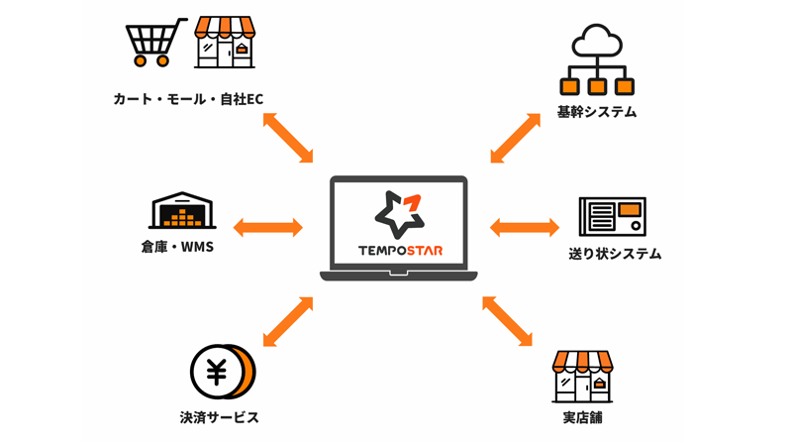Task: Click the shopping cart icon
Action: tap(156, 43)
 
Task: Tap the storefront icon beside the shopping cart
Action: tap(227, 43)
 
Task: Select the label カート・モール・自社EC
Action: tap(188, 98)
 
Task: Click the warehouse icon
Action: tap(182, 210)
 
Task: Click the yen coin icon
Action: tap(222, 372)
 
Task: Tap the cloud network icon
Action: tap(596, 59)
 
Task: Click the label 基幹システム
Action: tap(597, 112)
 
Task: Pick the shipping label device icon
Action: tap(612, 217)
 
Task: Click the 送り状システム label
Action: tap(615, 254)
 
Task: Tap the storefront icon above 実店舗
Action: tap(582, 376)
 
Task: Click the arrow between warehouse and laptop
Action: tap(267, 227)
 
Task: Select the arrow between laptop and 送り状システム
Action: tap(525, 227)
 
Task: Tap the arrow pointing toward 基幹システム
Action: tap(516, 138)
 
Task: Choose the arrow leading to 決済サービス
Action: tap(288, 320)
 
